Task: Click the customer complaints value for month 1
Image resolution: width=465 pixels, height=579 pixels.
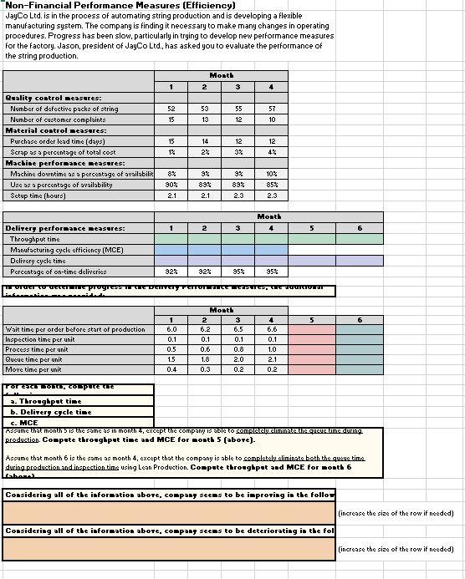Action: (x=171, y=119)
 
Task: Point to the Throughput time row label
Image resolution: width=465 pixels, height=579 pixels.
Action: (x=34, y=238)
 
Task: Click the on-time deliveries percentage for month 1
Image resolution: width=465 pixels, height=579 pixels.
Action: (x=171, y=271)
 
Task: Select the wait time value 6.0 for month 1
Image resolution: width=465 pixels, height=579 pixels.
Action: (x=171, y=328)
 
